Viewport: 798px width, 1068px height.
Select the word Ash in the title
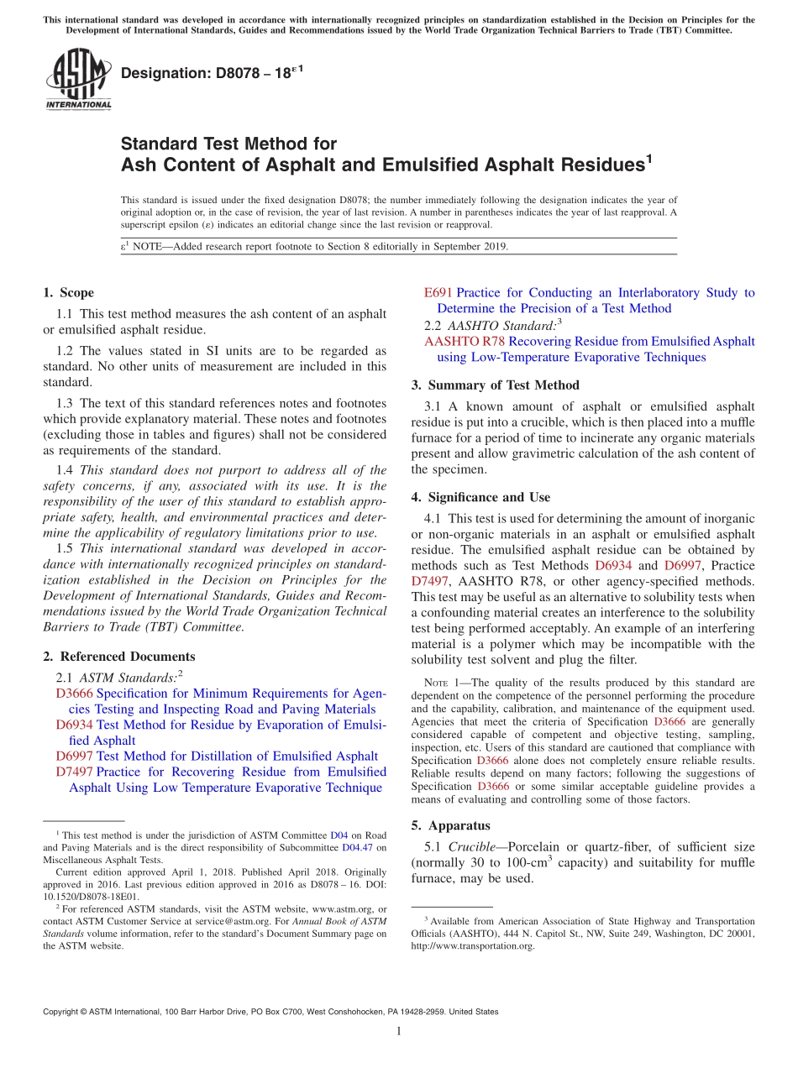click(x=138, y=165)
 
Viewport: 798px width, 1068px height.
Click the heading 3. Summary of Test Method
click(x=495, y=385)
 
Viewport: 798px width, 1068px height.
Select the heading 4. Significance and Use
click(x=480, y=497)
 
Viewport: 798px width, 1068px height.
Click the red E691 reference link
click(x=438, y=293)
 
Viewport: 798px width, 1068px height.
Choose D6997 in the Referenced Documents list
click(x=75, y=756)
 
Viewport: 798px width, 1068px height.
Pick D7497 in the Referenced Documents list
click(x=75, y=772)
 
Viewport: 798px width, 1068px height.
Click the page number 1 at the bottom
click(x=399, y=1031)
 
